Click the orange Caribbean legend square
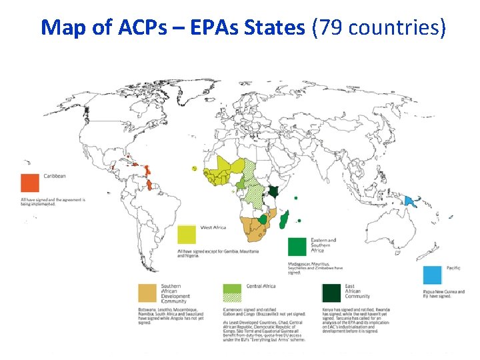coord(30,182)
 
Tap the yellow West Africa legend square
coord(187,234)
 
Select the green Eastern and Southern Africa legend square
coord(297,246)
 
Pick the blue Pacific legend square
coord(433,275)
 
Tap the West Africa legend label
coord(213,228)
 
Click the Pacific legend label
coord(453,268)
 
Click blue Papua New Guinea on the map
coord(409,200)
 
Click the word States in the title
coord(273,27)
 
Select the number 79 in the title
coord(329,27)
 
